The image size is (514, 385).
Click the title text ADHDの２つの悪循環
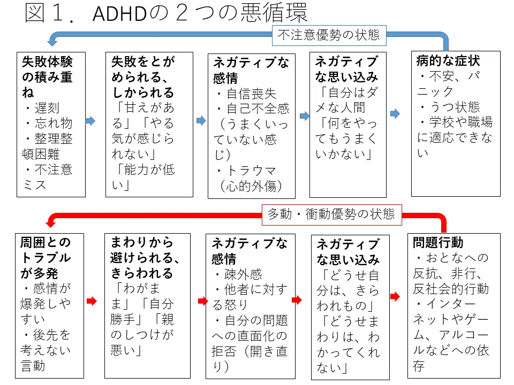200,13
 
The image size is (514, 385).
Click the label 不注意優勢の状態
329,35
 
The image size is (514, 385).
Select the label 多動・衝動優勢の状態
331,214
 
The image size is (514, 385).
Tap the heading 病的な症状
448,61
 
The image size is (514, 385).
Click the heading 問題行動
438,243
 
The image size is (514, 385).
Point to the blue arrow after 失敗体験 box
90,121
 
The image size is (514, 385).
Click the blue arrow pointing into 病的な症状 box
395,113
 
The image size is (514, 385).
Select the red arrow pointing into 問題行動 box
395,296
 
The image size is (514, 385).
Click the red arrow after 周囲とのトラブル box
92,301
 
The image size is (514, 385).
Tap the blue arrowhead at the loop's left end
52,42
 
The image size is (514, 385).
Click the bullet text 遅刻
47,107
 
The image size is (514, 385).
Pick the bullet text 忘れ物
54,123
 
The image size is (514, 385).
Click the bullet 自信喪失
252,94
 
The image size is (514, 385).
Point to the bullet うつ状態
455,107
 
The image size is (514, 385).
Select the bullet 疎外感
243,274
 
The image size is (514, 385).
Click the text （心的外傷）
250,186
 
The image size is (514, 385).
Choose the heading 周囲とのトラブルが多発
46,258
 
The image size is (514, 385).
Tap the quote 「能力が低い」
143,177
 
